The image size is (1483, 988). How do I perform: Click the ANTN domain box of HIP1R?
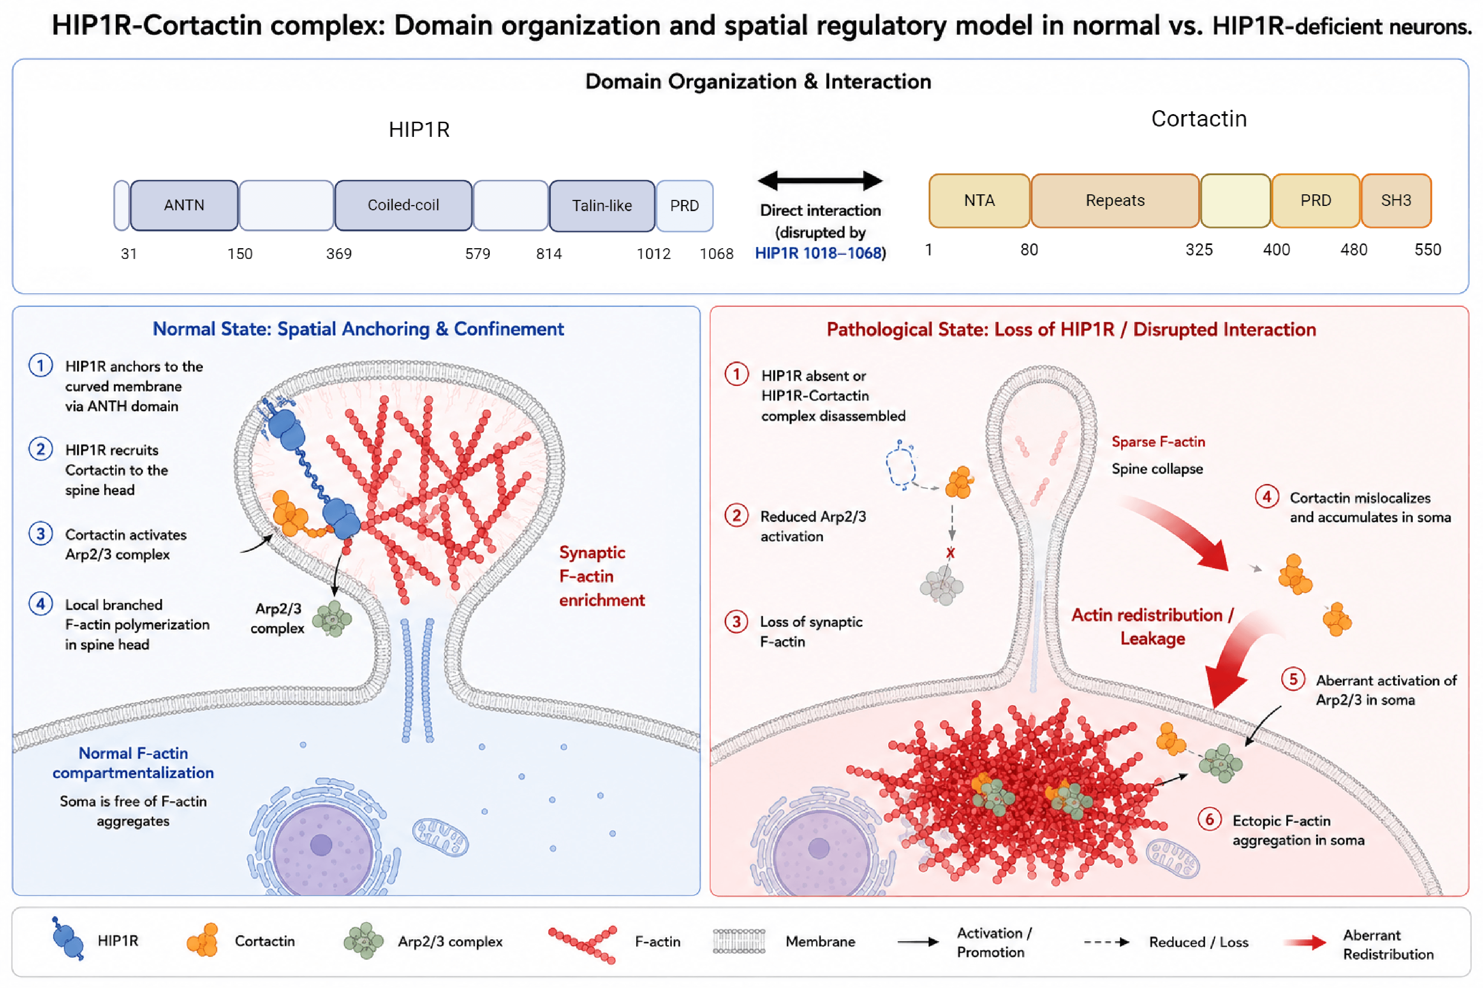(184, 206)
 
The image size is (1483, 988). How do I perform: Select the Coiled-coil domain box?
(403, 206)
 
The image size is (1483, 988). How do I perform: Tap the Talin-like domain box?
(602, 206)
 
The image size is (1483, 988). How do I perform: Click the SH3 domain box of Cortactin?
(1396, 200)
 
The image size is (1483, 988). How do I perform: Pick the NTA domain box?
(979, 200)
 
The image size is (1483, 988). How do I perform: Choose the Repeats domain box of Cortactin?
(1115, 200)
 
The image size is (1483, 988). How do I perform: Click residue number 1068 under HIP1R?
(716, 254)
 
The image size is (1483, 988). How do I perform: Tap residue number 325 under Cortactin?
(1199, 250)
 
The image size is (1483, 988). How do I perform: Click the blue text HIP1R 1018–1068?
(818, 253)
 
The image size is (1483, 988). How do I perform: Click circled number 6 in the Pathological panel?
(1209, 819)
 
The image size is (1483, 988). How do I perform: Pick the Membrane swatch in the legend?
(739, 941)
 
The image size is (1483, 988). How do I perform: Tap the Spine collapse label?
(1157, 469)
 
